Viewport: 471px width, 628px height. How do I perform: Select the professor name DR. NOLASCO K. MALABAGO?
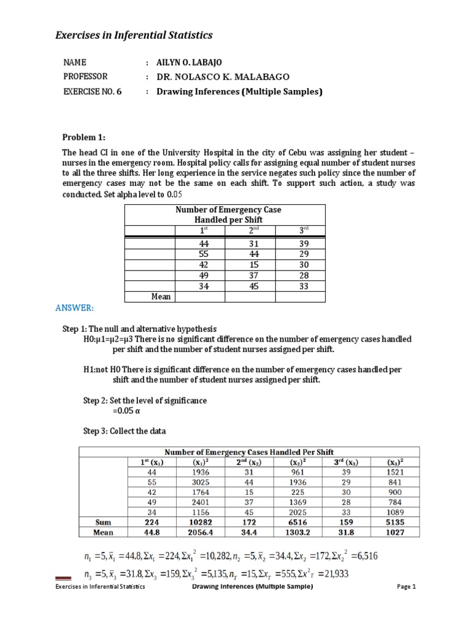tap(221, 77)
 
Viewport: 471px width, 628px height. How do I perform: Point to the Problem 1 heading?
tap(85, 136)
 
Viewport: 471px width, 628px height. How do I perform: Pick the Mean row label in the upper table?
tap(161, 297)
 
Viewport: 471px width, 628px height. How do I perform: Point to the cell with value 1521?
tap(395, 473)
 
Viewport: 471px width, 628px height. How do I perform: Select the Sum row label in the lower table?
tap(102, 522)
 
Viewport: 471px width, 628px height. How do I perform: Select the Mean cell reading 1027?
tap(395, 532)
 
